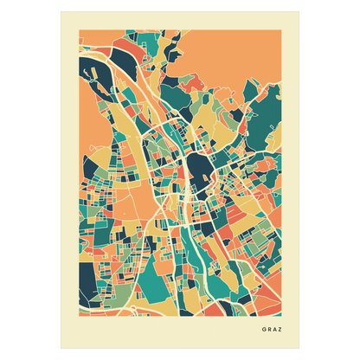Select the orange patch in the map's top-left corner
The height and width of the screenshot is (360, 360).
87,39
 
